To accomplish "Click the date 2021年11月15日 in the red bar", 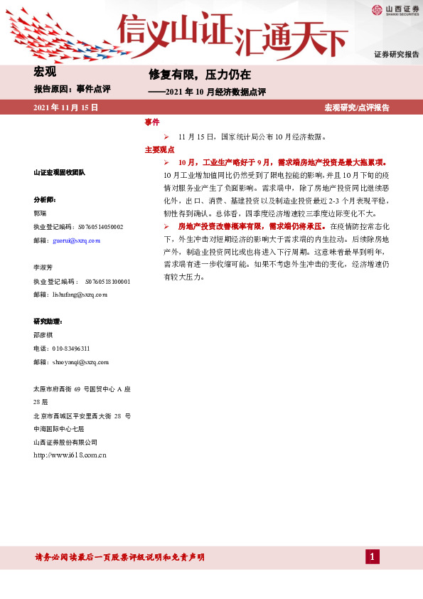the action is click(x=65, y=107).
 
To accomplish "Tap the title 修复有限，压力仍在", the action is click(x=200, y=74).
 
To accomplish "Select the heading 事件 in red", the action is click(x=152, y=122).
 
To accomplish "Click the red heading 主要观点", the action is click(x=159, y=150).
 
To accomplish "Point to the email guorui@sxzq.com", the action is click(x=76, y=241).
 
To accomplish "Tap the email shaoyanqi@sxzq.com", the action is click(x=80, y=362).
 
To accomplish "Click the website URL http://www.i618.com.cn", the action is click(x=70, y=455).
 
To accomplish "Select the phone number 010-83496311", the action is click(x=71, y=349).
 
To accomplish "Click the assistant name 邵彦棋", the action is click(x=43, y=335).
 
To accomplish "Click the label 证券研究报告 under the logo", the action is click(x=397, y=55).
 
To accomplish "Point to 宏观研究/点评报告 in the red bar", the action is click(x=357, y=107).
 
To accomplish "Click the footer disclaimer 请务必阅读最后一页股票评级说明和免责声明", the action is click(x=120, y=557).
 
